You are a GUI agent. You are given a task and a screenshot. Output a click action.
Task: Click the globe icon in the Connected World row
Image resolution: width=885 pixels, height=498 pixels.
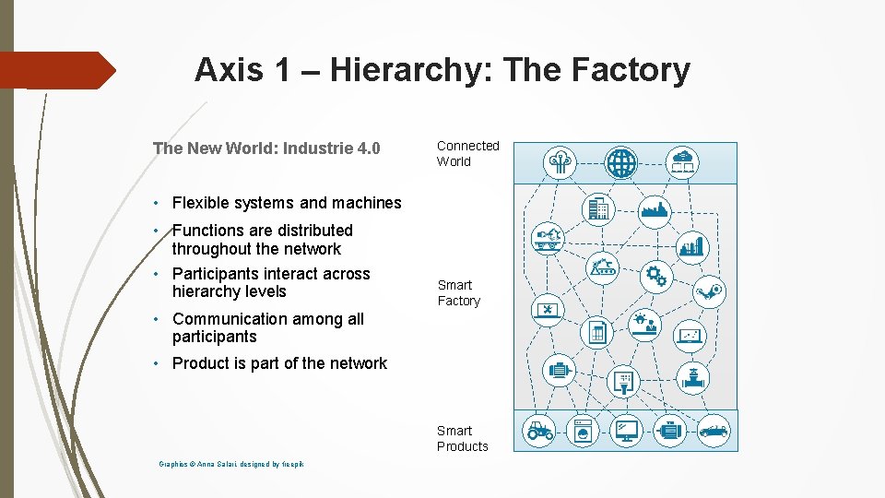click(620, 163)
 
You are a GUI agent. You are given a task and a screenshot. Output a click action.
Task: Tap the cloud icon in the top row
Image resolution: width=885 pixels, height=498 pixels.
click(684, 162)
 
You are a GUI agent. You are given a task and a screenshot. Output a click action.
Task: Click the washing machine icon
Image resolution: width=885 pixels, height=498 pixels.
click(583, 430)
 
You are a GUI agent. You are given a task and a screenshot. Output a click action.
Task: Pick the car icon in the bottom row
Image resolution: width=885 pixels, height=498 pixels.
click(713, 430)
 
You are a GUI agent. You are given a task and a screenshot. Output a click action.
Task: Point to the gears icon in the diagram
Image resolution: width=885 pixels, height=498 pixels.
click(655, 275)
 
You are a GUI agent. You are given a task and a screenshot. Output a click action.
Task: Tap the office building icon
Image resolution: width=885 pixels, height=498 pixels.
click(598, 209)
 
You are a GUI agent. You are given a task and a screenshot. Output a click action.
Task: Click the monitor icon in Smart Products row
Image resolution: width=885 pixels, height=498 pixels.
click(627, 430)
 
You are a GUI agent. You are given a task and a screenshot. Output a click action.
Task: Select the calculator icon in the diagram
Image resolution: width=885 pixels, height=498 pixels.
click(597, 332)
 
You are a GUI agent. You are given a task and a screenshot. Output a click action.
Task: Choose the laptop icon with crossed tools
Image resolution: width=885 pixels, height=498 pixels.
click(547, 310)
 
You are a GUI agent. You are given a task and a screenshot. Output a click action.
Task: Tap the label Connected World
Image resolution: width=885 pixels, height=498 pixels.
click(467, 153)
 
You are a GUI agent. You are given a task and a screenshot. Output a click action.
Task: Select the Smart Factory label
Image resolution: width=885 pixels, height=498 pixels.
click(458, 293)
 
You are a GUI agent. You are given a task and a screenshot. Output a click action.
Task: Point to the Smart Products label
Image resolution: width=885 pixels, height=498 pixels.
click(462, 438)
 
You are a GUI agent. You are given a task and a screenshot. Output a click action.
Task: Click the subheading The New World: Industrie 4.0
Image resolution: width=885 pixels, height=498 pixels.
click(266, 148)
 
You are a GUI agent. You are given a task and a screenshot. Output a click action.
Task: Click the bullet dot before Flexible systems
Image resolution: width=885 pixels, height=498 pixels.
click(159, 203)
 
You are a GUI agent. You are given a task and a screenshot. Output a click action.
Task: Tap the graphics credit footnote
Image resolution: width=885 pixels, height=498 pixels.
click(230, 464)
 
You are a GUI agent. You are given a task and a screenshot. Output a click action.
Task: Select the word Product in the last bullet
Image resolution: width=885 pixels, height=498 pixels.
click(200, 363)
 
